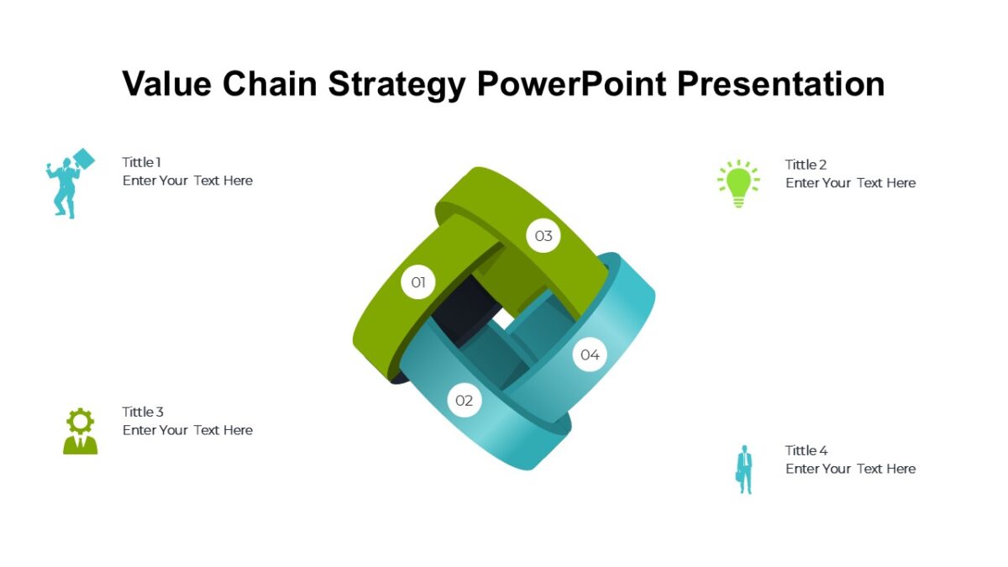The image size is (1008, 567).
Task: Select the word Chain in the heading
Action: (x=270, y=84)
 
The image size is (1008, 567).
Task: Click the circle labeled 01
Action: (x=418, y=282)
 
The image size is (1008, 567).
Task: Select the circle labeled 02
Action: (x=465, y=401)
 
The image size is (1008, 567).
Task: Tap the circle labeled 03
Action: (x=543, y=236)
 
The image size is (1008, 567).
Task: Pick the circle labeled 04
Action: (x=590, y=354)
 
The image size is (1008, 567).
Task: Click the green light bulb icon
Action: (x=738, y=183)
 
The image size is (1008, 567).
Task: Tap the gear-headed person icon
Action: (x=80, y=431)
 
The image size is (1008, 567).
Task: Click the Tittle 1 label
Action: (x=141, y=162)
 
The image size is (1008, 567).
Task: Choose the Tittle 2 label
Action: (x=806, y=165)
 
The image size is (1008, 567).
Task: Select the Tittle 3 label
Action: (x=143, y=412)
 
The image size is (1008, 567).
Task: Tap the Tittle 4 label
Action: (x=806, y=450)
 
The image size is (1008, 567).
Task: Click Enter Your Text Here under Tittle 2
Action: (x=850, y=183)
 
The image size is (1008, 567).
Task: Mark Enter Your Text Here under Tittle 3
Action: (x=187, y=430)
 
